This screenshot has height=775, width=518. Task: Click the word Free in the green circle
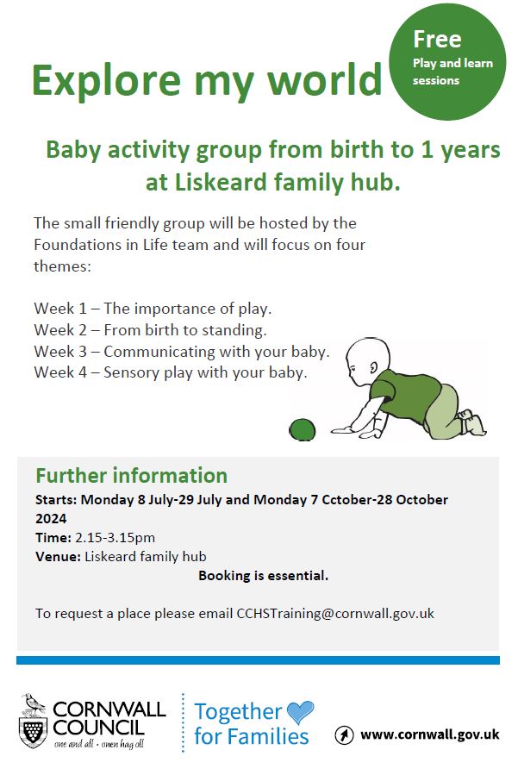point(437,39)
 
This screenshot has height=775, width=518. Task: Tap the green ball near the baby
point(302,429)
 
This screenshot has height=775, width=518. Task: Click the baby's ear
point(373,367)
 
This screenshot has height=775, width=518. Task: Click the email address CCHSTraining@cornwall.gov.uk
point(335,614)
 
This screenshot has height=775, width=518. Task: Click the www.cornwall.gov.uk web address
point(430,734)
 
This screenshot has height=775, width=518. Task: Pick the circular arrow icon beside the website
point(344,734)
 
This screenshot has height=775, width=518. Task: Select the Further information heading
point(132,476)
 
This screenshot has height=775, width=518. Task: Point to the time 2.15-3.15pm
point(115,538)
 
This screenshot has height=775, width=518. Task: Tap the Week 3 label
point(60,352)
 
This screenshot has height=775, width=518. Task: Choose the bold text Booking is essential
point(264,575)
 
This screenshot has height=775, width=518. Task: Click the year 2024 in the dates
point(51,518)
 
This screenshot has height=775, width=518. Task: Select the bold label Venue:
point(58,557)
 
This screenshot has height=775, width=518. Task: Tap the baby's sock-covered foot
point(475,424)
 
